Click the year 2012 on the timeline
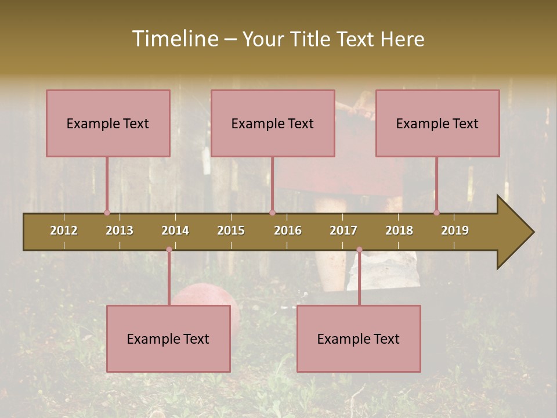[64, 230]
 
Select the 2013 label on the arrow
[120, 230]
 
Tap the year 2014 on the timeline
[175, 230]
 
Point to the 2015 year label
[231, 230]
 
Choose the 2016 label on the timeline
[288, 230]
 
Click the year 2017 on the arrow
[343, 230]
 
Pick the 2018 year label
[399, 230]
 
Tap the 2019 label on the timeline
[455, 230]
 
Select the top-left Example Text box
[108, 123]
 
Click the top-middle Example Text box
[273, 123]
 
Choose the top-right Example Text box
[437, 123]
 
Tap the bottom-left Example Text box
[168, 338]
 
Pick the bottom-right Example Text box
[359, 338]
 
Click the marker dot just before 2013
[107, 213]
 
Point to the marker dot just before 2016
[272, 213]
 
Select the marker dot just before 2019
[436, 213]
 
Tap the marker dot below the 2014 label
[169, 250]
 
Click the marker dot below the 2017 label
[359, 250]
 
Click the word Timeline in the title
[174, 39]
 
